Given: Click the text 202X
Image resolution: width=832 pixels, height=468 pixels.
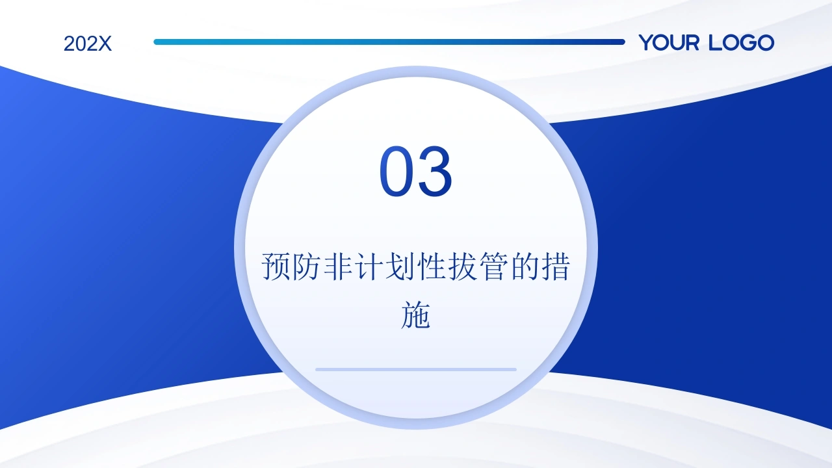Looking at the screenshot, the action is click(x=88, y=44).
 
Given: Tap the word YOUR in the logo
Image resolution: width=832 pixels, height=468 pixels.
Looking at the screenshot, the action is click(x=669, y=42).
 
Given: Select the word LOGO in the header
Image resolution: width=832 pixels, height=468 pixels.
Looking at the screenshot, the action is click(x=742, y=42).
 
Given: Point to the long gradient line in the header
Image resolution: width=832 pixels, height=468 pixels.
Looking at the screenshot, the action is click(x=389, y=42).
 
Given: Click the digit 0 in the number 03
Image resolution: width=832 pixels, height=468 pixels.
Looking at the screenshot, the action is click(x=396, y=171).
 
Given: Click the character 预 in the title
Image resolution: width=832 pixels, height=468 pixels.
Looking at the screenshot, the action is click(x=275, y=266).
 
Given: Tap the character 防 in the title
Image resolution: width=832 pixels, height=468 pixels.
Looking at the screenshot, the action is click(x=306, y=266).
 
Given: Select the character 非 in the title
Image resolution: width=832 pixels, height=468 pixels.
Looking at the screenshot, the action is click(x=337, y=266).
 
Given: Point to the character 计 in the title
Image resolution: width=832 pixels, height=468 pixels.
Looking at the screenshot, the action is click(x=369, y=266).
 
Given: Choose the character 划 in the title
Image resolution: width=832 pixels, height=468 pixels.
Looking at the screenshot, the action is click(x=400, y=266).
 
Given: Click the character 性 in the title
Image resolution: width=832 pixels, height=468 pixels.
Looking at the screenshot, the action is click(x=431, y=266).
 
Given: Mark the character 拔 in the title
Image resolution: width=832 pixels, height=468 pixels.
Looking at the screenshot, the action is click(x=462, y=266).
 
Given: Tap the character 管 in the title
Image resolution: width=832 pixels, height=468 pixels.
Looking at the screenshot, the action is click(x=493, y=266).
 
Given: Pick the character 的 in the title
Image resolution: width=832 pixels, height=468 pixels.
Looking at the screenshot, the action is click(x=525, y=266).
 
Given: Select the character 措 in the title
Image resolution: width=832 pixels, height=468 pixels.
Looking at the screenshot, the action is click(x=556, y=266).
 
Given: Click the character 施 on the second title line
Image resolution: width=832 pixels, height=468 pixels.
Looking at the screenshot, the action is click(x=415, y=315).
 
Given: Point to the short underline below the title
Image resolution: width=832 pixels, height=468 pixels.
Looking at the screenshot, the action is click(x=416, y=370).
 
